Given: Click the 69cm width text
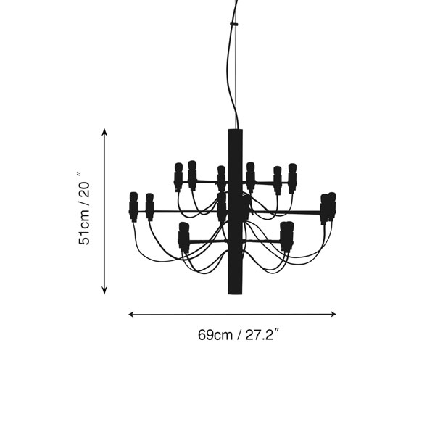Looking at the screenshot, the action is [215, 335].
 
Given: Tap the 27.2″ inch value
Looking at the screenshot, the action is [262, 334].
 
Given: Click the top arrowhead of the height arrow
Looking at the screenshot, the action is [104, 131].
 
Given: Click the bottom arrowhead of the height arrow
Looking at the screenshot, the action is [104, 291].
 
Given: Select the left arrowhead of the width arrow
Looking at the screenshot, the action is [131, 315].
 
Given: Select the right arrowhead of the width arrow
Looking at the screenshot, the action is [333, 315].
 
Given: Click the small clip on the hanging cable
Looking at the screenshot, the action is [234, 24].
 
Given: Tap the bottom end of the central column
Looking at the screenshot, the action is [235, 294].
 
